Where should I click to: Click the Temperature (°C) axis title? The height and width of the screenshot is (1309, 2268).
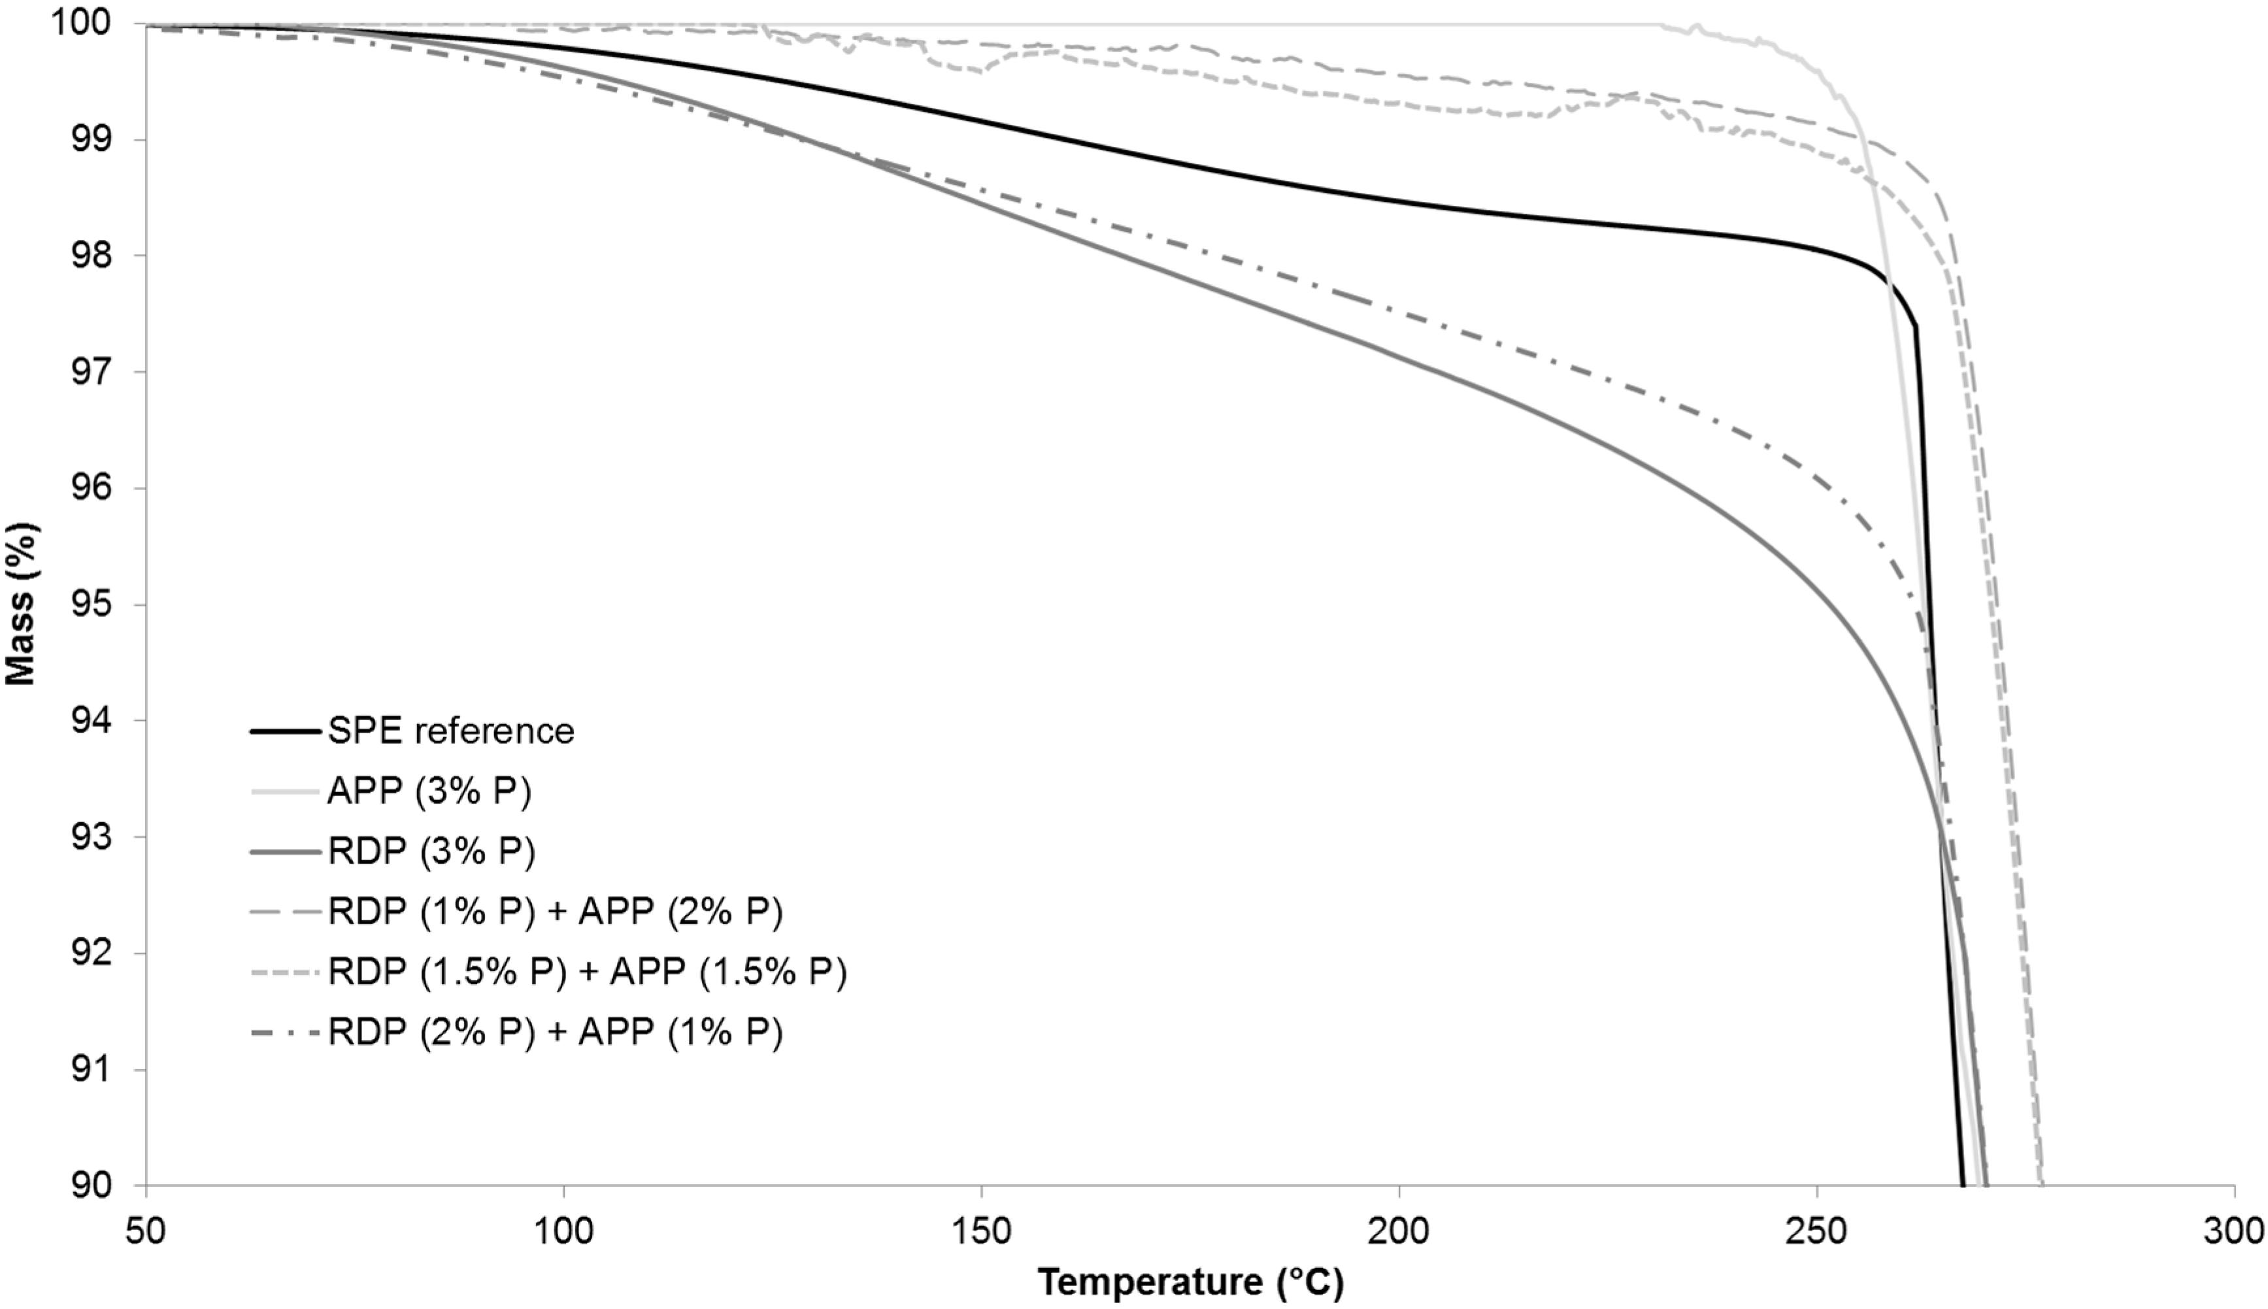tap(1190, 1282)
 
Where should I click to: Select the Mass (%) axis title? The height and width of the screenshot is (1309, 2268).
tap(22, 604)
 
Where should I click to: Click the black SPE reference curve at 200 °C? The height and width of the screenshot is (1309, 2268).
tap(1399, 199)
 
